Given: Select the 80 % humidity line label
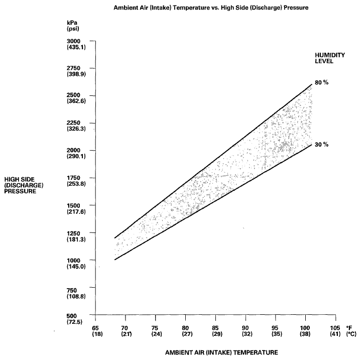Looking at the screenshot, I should (322, 82).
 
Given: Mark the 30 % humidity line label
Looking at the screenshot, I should (322, 145).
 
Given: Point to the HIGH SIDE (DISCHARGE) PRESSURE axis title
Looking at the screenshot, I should (24, 185).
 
